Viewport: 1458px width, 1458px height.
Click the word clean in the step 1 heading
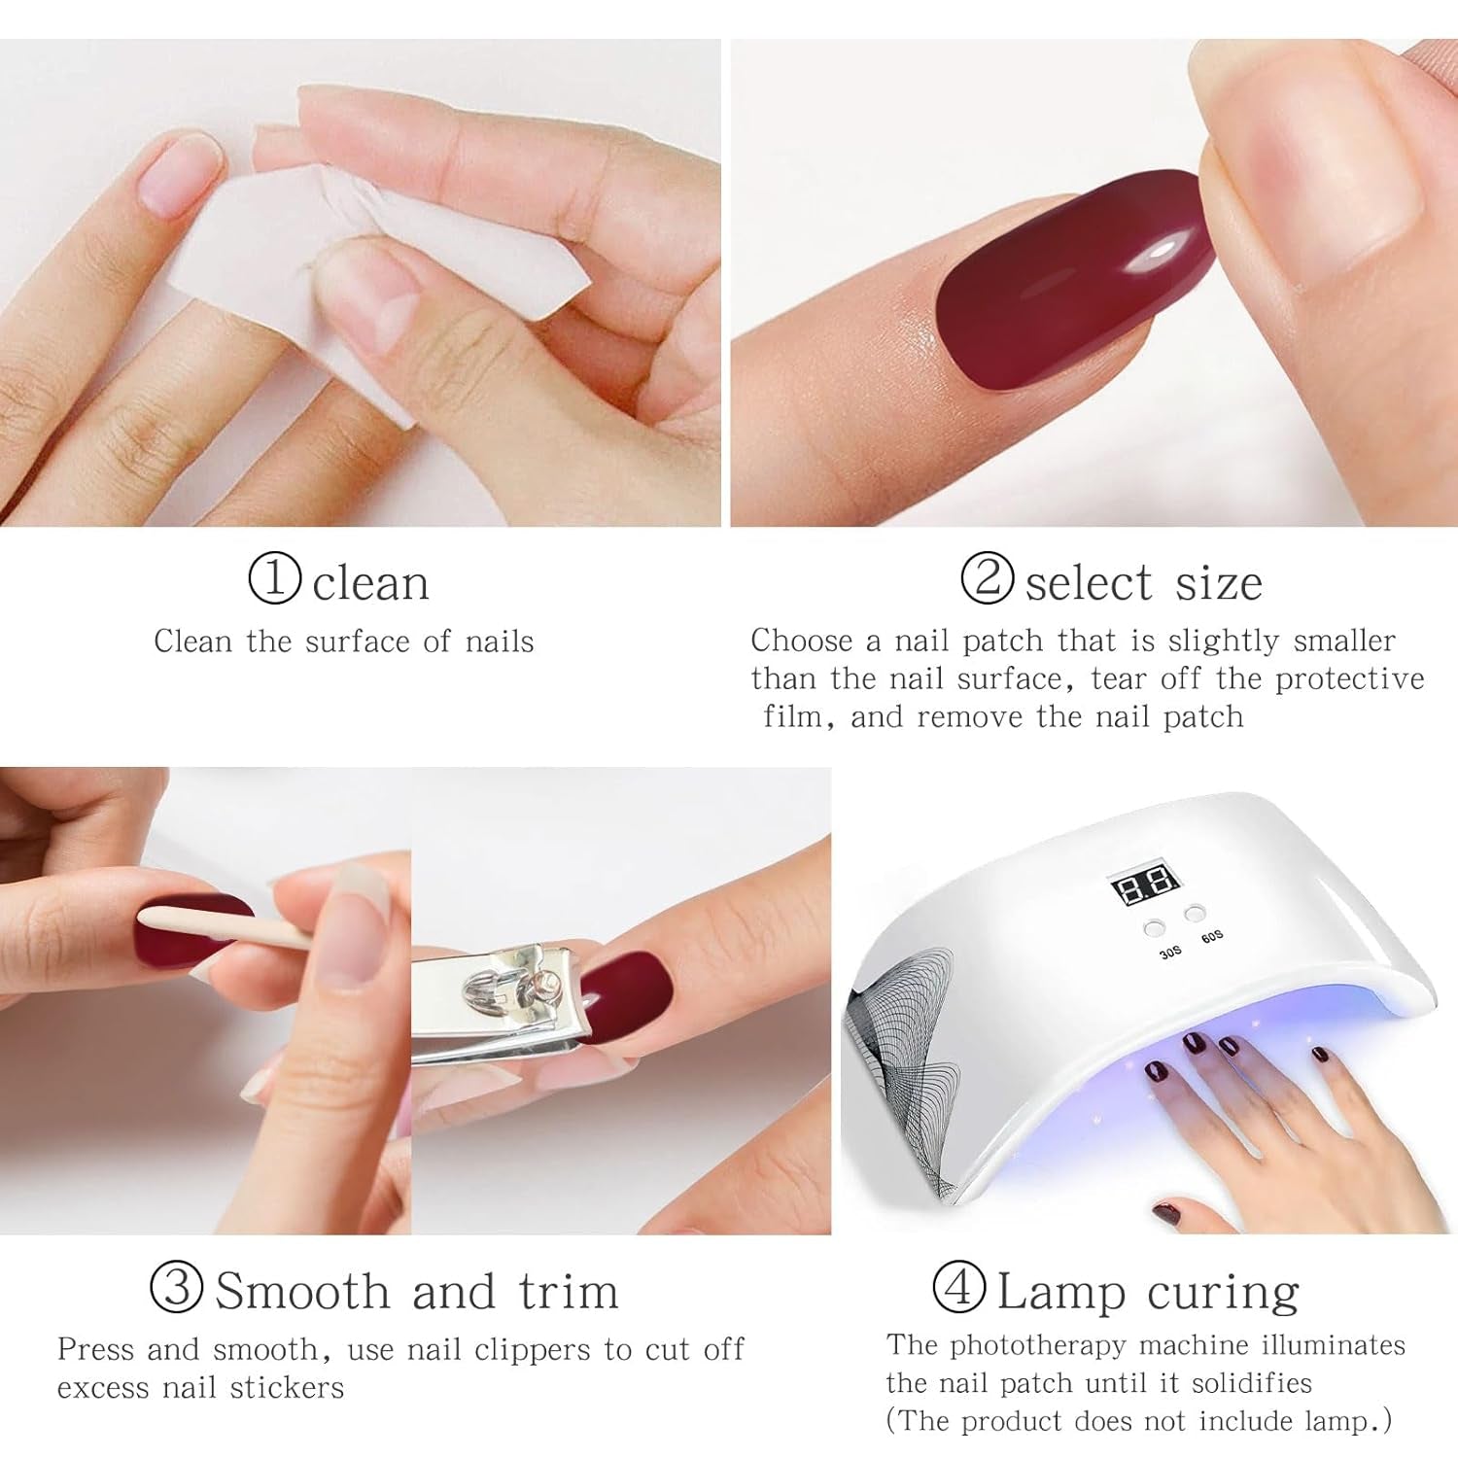pos(370,583)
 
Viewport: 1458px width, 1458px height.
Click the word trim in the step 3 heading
pos(569,1292)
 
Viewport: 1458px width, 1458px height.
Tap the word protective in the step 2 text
pos(1349,678)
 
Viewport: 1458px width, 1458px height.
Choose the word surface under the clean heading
pos(358,642)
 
